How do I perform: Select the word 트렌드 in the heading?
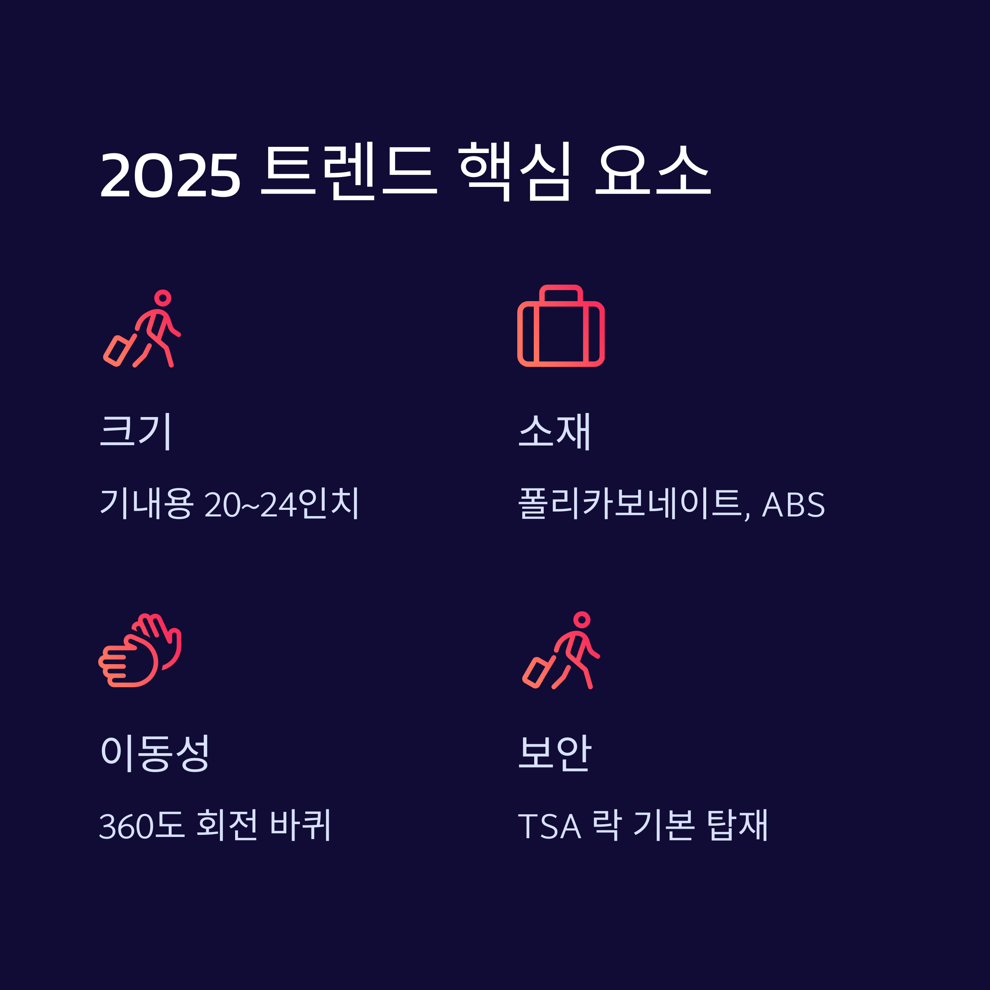(349, 172)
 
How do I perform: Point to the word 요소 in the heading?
(653, 171)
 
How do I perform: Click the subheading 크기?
(136, 431)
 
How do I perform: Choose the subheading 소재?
(554, 431)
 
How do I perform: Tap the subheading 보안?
(555, 753)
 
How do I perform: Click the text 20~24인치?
(282, 503)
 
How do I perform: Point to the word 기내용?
(147, 503)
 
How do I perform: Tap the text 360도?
(141, 825)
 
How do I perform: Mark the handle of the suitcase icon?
(561, 294)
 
